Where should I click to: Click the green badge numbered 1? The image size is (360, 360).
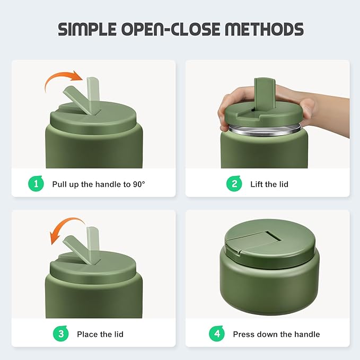[x=36, y=184]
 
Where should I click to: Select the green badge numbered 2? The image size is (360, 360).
[x=234, y=184]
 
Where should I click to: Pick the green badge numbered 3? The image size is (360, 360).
[x=60, y=334]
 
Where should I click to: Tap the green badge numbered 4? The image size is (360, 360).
[x=216, y=334]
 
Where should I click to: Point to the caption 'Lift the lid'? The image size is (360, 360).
[x=269, y=185]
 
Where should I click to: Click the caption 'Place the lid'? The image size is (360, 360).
[x=100, y=335]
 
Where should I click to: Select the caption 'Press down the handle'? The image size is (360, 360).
[x=276, y=335]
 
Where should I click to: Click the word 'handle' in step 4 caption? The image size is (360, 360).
[x=308, y=335]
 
